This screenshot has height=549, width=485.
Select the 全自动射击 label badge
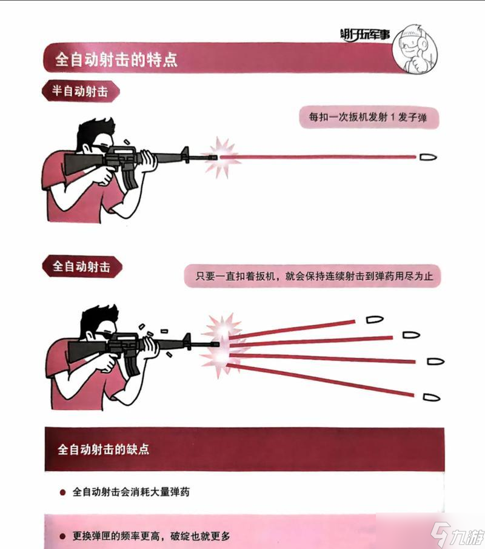pos(81,266)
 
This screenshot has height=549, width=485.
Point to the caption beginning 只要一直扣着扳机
pos(312,277)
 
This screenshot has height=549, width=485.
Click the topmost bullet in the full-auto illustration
pos(374,318)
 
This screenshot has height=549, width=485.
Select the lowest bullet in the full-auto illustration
pos(429,397)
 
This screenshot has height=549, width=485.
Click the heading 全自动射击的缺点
pos(103,450)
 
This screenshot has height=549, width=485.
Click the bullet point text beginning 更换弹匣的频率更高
pos(151,536)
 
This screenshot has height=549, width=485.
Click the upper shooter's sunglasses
pos(101,147)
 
